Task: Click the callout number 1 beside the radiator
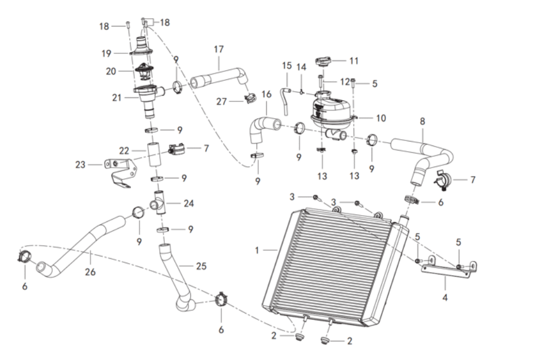tap(257, 249)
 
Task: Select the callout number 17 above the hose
tap(219, 49)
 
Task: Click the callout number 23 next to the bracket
tap(80, 165)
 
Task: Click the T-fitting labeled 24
tap(159, 202)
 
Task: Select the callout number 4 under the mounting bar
tap(445, 295)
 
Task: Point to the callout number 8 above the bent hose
tap(423, 121)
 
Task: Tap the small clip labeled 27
tap(249, 99)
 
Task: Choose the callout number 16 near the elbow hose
tap(267, 94)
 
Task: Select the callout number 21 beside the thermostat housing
tap(117, 97)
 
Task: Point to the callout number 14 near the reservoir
tap(302, 67)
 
